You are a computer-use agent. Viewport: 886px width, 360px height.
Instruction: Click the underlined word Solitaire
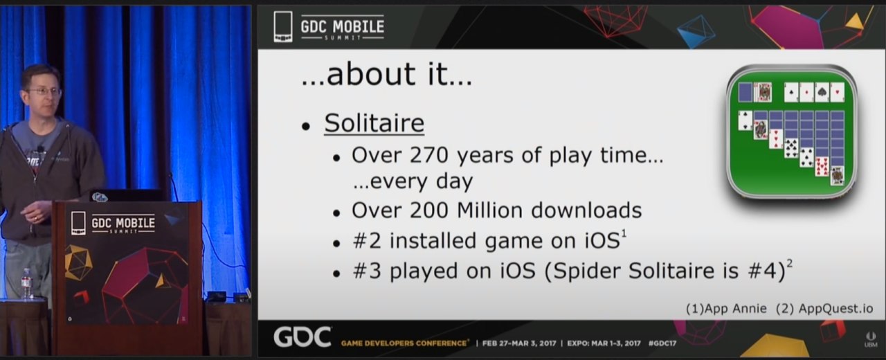374,123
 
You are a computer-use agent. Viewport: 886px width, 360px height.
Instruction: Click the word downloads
586,210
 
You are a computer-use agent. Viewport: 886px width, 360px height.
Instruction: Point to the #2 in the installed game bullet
367,241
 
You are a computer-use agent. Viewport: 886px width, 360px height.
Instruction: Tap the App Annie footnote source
726,309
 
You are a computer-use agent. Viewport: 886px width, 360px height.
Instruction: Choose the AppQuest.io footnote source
824,309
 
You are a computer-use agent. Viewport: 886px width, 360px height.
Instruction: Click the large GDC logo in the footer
302,337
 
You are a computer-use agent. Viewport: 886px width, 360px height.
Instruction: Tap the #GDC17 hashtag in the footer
662,343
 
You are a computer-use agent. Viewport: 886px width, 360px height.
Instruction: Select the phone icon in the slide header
283,26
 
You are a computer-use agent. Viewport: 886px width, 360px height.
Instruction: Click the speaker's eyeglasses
44,91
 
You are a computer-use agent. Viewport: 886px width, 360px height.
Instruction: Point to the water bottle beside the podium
26,284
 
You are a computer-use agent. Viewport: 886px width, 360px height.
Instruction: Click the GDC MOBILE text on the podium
123,223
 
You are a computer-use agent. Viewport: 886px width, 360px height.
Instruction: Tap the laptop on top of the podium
127,195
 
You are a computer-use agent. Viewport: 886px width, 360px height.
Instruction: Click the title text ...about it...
387,74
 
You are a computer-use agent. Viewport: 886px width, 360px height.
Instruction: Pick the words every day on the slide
413,181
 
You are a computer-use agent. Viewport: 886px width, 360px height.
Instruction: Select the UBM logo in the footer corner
871,339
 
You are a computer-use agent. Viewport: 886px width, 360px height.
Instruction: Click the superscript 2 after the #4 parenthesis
790,263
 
